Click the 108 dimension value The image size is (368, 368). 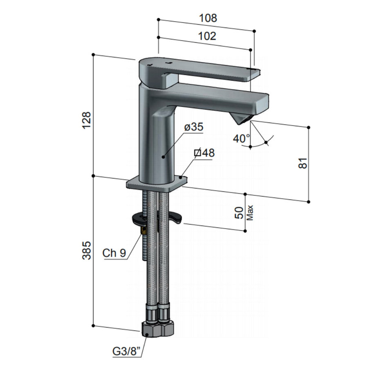click(x=208, y=18)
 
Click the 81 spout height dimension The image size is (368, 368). click(x=303, y=163)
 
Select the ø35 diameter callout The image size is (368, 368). click(x=193, y=127)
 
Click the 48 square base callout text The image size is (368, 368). click(x=204, y=153)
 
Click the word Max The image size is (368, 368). click(x=250, y=213)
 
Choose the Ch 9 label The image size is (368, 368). click(x=114, y=253)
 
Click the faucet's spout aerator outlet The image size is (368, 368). click(x=242, y=119)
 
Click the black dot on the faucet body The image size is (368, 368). click(x=163, y=156)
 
